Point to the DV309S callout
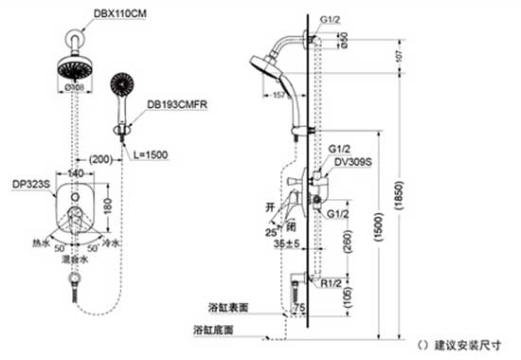[x=352, y=161]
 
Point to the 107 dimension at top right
[x=398, y=54]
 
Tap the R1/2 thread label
[x=331, y=282]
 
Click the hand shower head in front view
[x=122, y=85]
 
